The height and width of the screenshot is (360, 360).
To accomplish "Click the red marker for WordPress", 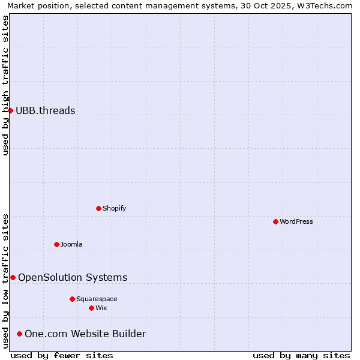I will [x=275, y=221].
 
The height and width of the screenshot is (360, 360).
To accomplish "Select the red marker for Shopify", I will [x=98, y=208].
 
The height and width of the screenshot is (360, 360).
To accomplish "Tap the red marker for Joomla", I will [x=56, y=244].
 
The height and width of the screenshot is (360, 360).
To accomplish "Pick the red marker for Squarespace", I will [x=72, y=299].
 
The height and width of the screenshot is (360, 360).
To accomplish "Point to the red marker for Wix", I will [x=91, y=308].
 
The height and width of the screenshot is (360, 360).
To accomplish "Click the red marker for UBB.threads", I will [x=10, y=110].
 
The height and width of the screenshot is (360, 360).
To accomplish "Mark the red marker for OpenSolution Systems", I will [x=13, y=277].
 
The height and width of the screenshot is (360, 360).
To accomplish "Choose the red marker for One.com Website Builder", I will [x=19, y=334].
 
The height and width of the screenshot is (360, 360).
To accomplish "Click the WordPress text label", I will [x=296, y=221].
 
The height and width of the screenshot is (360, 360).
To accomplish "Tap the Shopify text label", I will [x=114, y=208].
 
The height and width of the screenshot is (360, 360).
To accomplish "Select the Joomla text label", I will [x=71, y=244].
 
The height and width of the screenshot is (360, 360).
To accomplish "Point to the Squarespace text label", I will [x=97, y=299].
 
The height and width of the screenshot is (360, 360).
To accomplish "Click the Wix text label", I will [x=101, y=308].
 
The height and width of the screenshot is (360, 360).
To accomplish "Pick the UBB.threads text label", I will [x=46, y=110].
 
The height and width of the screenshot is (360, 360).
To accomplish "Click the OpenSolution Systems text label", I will [x=73, y=277].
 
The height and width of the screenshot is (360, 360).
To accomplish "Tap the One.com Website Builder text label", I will [x=85, y=334].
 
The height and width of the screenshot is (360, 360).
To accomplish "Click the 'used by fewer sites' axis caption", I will [x=62, y=355].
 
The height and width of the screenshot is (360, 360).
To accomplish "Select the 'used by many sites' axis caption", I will [x=301, y=355].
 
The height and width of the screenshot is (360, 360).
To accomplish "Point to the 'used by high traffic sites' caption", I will [x=6, y=85].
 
